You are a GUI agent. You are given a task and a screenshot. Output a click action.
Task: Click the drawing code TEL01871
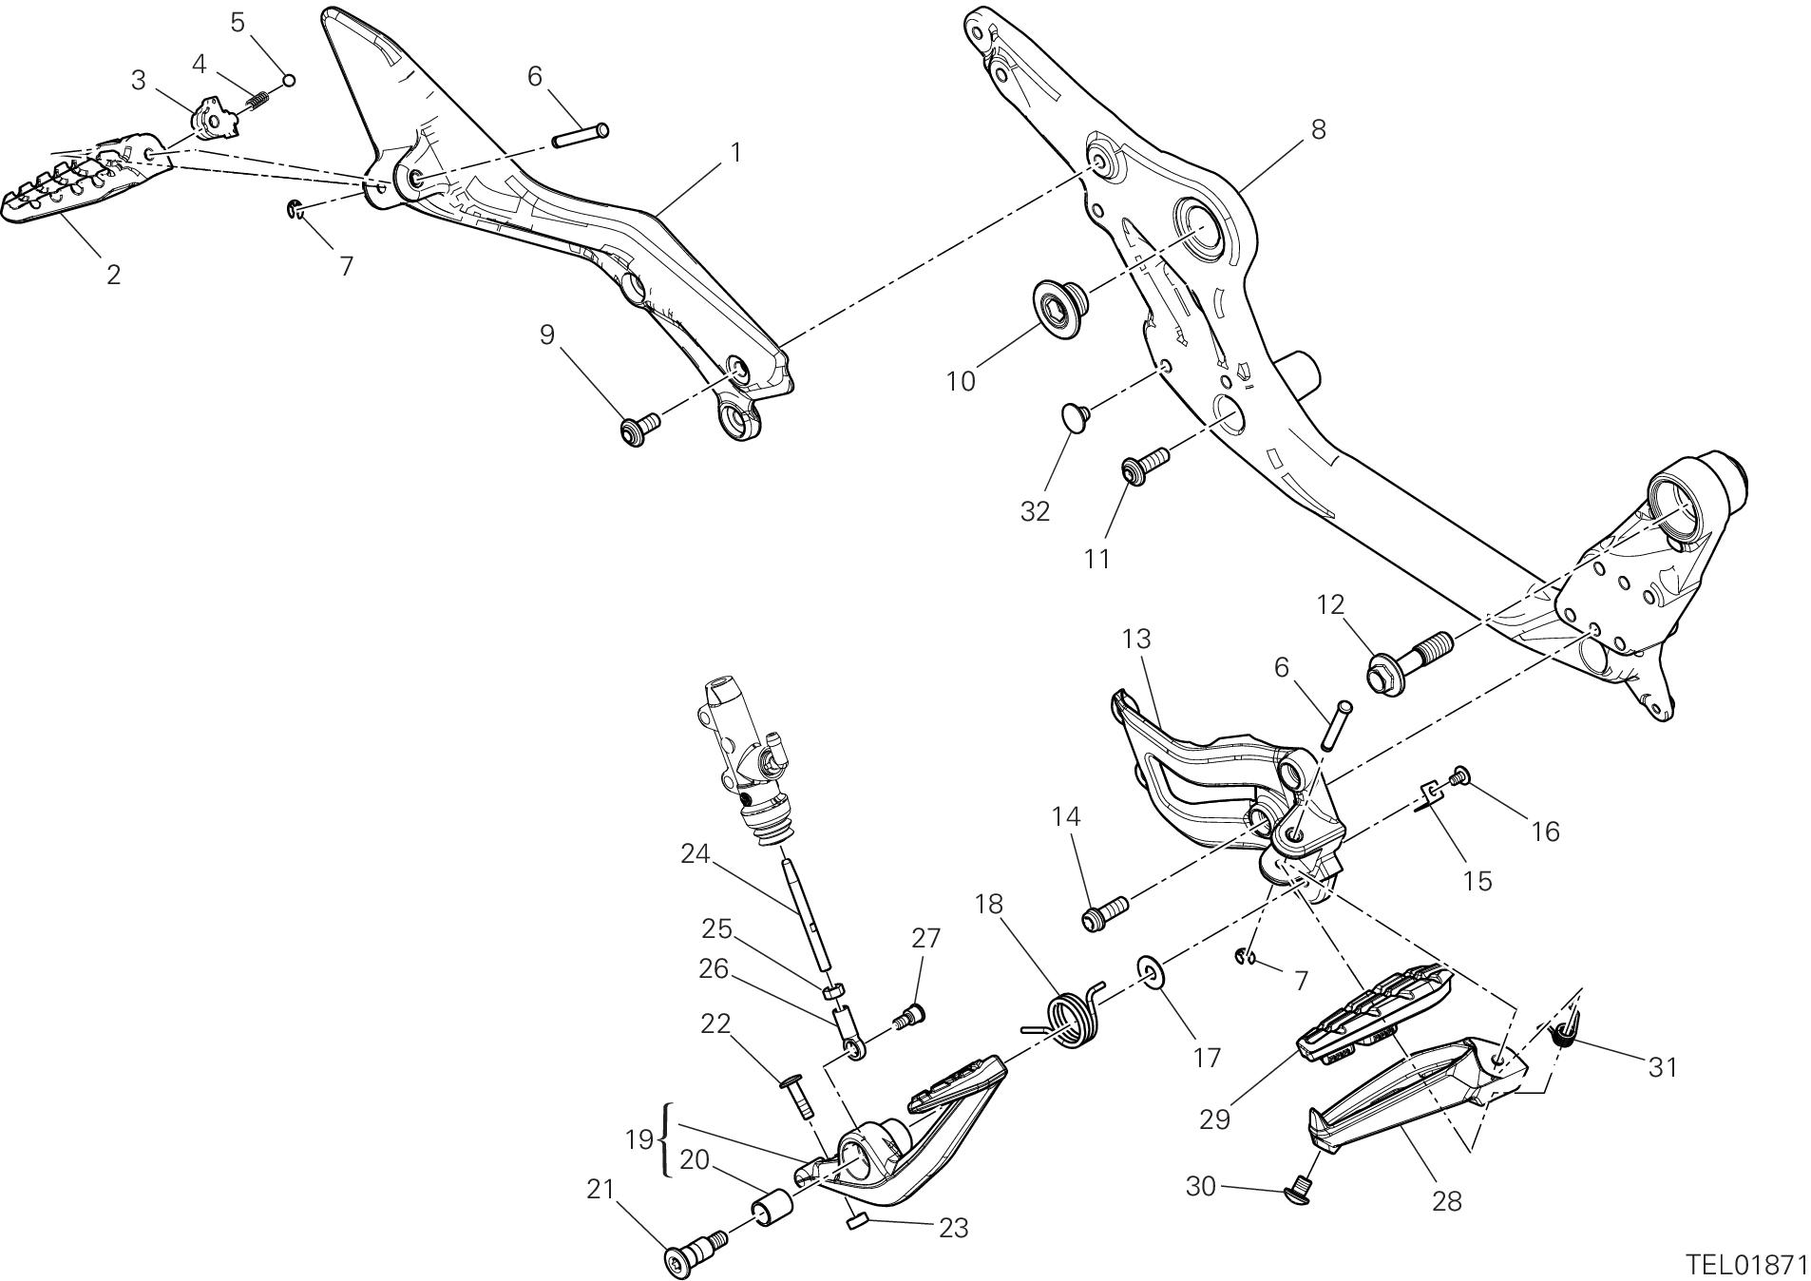(x=1745, y=1265)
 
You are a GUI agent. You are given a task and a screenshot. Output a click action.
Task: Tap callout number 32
(x=1035, y=510)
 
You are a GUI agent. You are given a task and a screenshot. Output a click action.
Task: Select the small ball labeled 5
(x=289, y=80)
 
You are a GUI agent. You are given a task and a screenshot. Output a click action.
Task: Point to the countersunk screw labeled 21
(x=695, y=1251)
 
